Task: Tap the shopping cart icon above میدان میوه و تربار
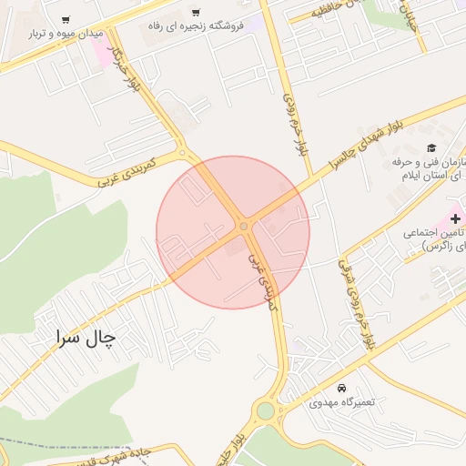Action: tap(66, 20)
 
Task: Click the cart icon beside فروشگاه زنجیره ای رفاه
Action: tap(196, 13)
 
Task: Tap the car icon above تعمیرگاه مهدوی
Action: tap(341, 388)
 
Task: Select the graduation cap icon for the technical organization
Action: tap(431, 148)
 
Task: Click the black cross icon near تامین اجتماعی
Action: tap(454, 218)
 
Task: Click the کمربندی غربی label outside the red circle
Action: tap(127, 170)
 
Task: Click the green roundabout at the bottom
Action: tap(265, 410)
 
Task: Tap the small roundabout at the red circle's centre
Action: tap(244, 226)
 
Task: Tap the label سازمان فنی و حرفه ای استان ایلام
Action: tap(428, 167)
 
